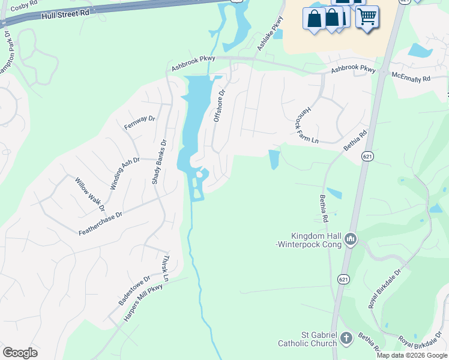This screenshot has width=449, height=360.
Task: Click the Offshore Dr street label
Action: click(x=219, y=106)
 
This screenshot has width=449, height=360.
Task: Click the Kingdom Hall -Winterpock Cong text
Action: click(x=315, y=241)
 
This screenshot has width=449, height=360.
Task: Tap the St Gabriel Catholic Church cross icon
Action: click(x=346, y=338)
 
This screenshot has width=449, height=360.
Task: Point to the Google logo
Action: click(x=20, y=353)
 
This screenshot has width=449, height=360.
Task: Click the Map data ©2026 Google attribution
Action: click(x=412, y=355)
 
